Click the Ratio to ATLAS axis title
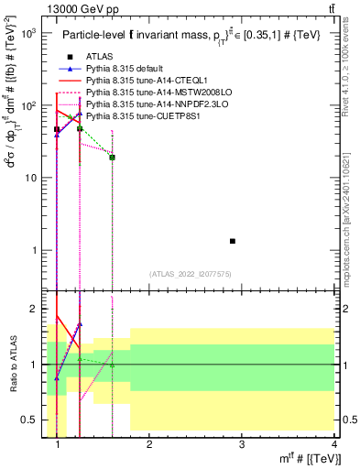(13, 363)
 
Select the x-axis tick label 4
(334, 445)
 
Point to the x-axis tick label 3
(242, 445)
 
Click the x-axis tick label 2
(149, 445)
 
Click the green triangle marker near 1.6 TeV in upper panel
(112, 157)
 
